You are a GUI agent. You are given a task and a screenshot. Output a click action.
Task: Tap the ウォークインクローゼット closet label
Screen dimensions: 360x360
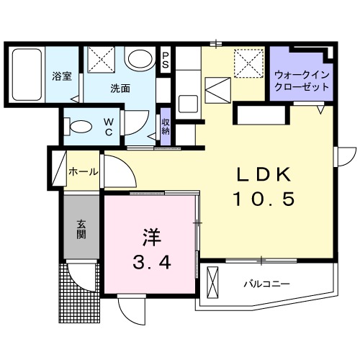click(301, 79)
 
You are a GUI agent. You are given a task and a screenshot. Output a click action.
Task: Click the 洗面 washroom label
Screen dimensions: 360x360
click(120, 89)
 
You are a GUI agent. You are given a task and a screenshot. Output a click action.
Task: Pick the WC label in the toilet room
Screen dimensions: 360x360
click(109, 127)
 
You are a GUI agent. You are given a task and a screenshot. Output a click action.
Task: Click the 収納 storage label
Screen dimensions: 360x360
click(166, 127)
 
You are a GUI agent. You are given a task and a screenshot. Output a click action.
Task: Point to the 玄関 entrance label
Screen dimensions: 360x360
click(81, 230)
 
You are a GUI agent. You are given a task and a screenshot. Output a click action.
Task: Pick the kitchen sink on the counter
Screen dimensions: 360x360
click(188, 102)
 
